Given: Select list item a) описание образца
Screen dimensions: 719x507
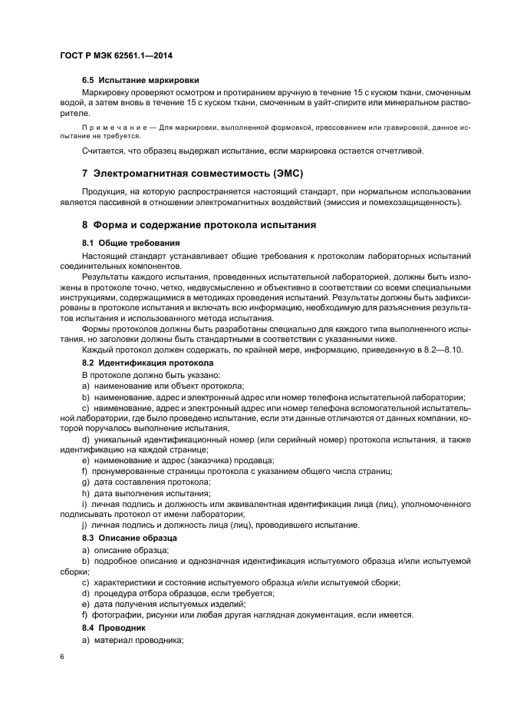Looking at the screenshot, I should coord(125,550).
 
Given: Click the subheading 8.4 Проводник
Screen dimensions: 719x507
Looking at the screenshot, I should coord(114,628).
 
